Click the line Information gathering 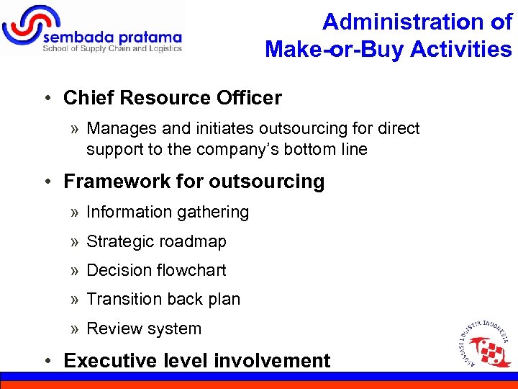(x=168, y=212)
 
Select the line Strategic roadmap (x=156, y=241)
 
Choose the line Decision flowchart (x=156, y=270)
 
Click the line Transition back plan (x=163, y=299)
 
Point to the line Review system (x=144, y=328)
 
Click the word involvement (x=274, y=360)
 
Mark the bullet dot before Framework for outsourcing (x=53, y=182)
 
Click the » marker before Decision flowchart (x=75, y=271)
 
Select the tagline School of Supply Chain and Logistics (x=112, y=49)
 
